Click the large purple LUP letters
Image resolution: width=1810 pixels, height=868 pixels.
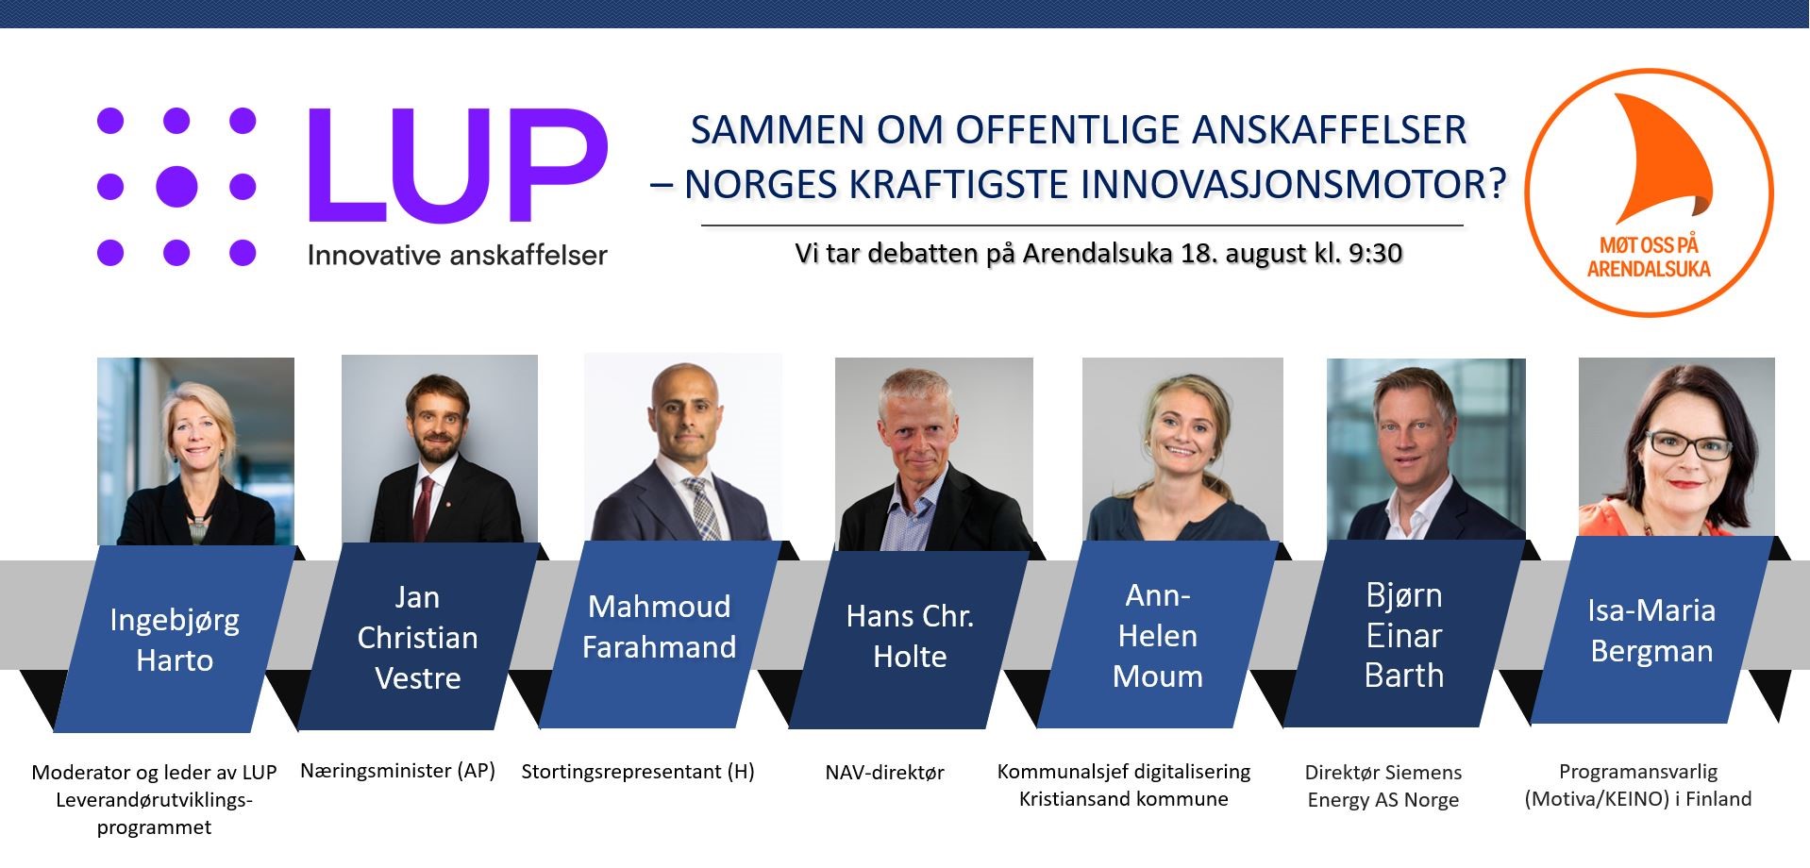(458, 166)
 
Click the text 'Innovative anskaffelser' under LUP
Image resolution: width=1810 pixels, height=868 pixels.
(458, 256)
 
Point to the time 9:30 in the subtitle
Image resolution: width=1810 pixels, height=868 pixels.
(1374, 253)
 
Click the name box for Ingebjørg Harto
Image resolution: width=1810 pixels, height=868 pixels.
(175, 639)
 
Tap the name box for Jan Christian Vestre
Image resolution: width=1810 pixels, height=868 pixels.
(418, 637)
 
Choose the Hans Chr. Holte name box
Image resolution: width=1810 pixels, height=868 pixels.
(910, 636)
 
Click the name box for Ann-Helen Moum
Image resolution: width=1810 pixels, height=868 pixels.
(1158, 635)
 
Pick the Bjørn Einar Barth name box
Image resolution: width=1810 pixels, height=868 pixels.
(1404, 634)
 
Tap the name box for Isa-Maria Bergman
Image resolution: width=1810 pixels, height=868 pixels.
(1651, 630)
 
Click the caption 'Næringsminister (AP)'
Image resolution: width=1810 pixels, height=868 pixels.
(397, 771)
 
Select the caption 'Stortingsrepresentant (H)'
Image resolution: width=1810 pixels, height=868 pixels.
(638, 772)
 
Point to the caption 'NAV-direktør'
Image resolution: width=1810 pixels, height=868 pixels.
(885, 773)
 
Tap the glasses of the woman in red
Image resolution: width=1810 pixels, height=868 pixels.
(1689, 444)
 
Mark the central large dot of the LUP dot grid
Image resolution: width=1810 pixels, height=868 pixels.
(176, 187)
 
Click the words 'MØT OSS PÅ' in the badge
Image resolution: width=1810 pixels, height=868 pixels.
(1649, 245)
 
